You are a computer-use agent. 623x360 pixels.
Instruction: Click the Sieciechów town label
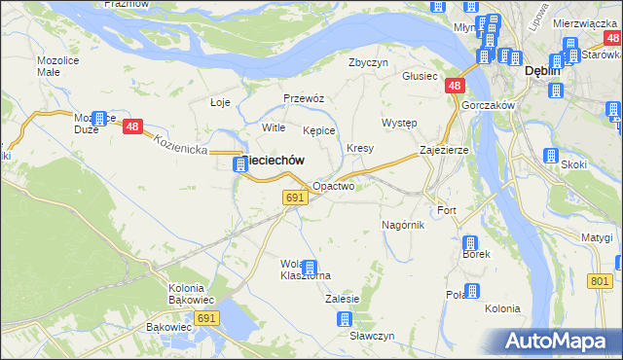275,160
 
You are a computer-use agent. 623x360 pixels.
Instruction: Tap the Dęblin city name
542,70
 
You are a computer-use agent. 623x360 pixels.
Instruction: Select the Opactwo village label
333,185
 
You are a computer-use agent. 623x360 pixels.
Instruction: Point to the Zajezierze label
444,151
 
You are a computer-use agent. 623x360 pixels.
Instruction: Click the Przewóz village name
303,98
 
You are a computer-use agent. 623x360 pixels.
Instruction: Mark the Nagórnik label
403,225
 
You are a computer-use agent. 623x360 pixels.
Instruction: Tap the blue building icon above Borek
470,242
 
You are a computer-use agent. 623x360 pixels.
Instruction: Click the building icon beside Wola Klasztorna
310,267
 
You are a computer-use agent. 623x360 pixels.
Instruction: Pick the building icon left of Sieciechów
239,164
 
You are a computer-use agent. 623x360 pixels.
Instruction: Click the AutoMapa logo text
560,342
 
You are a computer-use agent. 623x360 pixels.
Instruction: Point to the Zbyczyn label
369,62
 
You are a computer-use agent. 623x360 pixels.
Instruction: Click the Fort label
447,210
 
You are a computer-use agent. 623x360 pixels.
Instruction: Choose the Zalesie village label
344,299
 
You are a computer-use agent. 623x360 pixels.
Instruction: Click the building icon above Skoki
551,155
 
